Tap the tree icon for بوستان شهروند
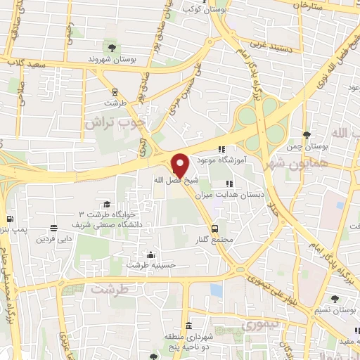[111, 48]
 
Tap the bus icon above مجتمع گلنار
[215, 229]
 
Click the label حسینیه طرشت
[150, 265]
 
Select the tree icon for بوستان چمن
[305, 135]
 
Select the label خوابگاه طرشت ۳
[105, 213]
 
